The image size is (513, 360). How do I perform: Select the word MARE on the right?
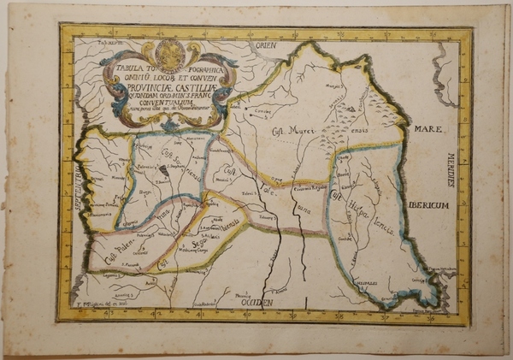pos(427,129)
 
